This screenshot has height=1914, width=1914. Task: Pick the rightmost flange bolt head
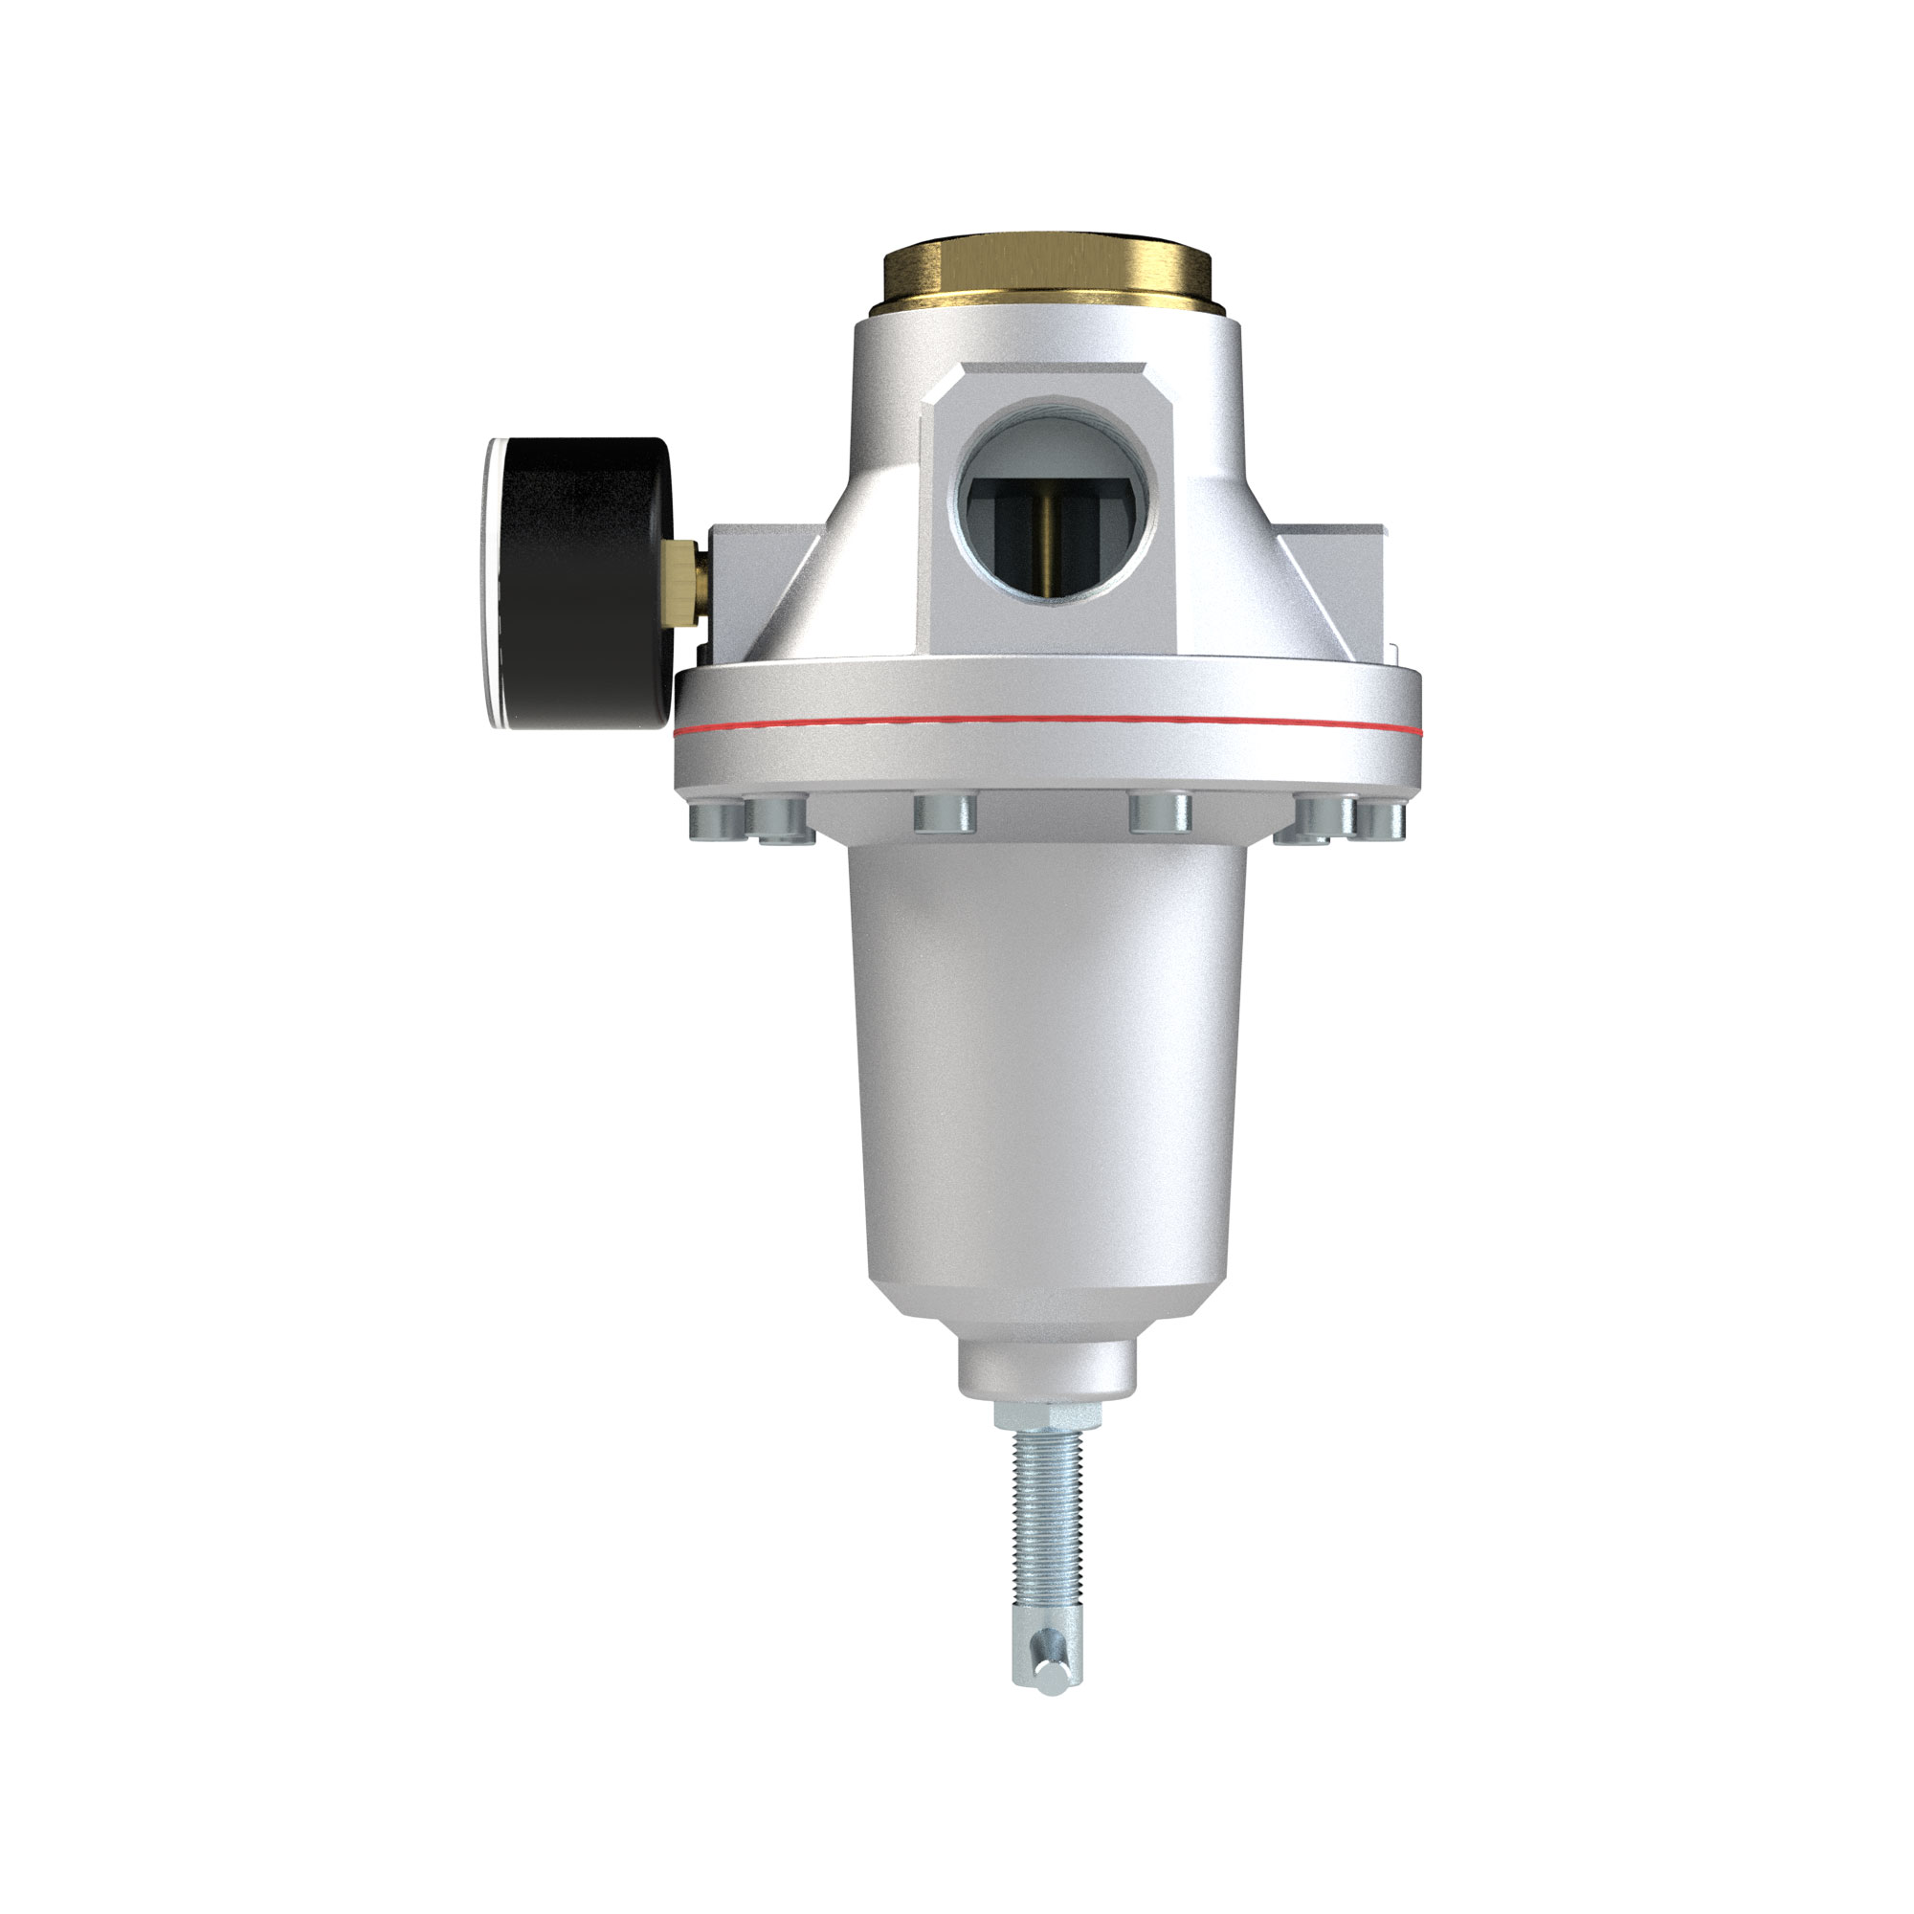click(x=1383, y=818)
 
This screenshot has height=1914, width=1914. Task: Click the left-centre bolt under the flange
click(x=946, y=812)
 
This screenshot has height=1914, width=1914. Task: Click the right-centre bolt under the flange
click(x=1160, y=812)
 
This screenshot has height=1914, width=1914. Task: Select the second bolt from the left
click(x=779, y=821)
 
